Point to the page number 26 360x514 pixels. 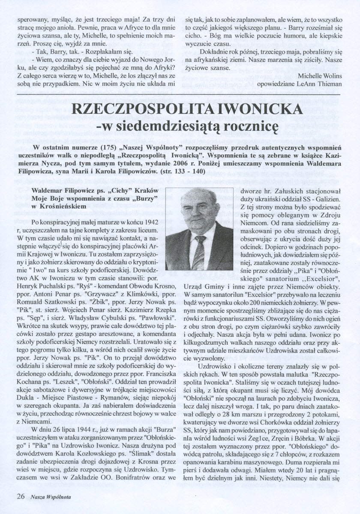pyautogui.click(x=21, y=497)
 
